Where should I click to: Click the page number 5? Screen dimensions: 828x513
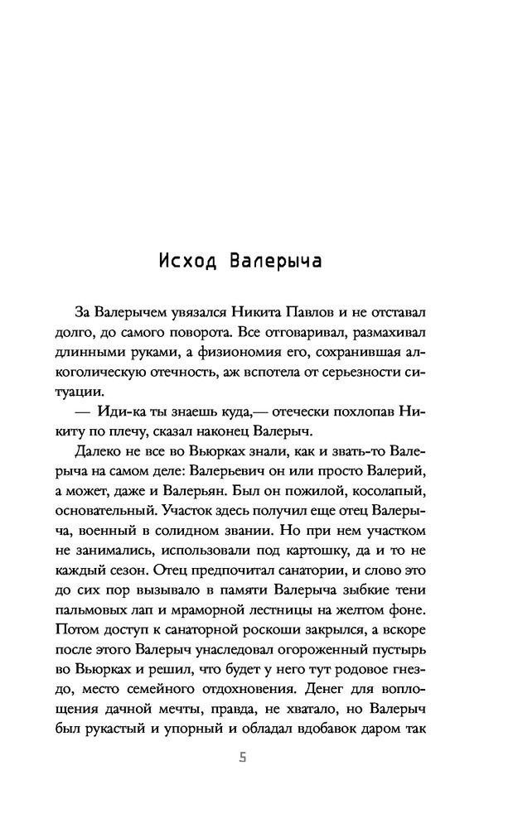(243, 758)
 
